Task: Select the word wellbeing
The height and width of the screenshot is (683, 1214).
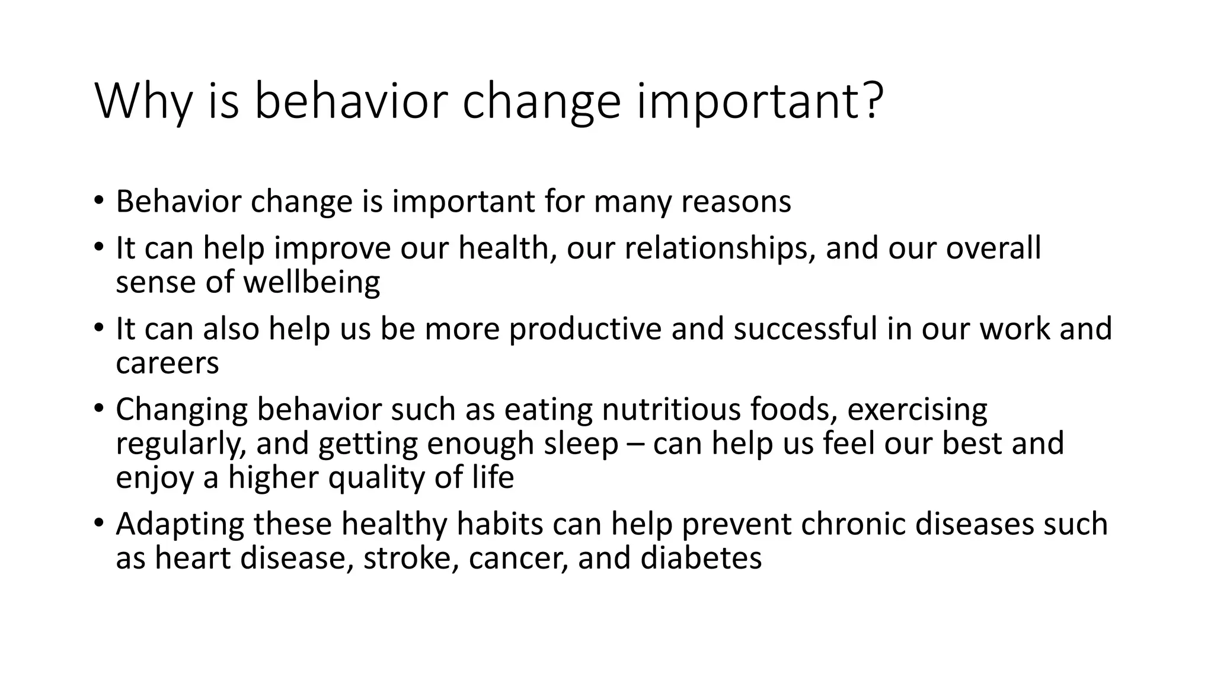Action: tap(312, 282)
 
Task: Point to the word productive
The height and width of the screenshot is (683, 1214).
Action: tap(585, 329)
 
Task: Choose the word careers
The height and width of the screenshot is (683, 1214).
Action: tap(167, 363)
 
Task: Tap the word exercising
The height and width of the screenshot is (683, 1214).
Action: tap(917, 410)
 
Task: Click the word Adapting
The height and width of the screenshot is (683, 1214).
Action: tap(180, 525)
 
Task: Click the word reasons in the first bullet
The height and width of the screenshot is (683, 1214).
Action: tap(736, 202)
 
